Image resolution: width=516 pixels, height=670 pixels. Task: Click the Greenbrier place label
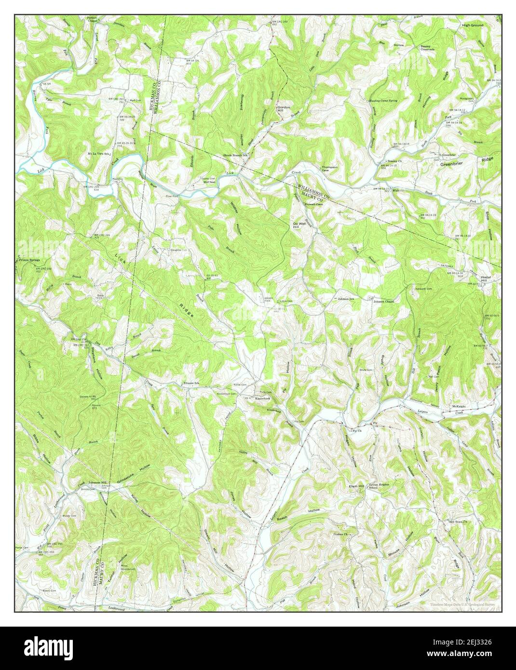pos(452,163)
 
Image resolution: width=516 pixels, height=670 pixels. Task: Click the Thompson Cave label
pos(329,169)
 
